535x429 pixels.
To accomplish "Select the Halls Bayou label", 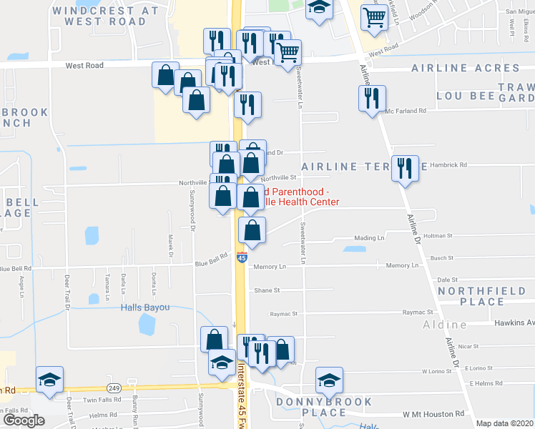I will [144, 307].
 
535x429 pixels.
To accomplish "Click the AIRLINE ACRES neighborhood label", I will [466, 69].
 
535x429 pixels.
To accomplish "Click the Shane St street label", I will [267, 291].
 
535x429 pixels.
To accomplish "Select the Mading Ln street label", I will [370, 238].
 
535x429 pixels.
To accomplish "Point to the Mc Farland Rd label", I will [406, 111].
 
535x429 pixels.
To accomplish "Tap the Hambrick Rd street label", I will [448, 164].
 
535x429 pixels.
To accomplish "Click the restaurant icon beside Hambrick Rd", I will [406, 169].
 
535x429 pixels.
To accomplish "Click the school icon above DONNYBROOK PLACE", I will [329, 380].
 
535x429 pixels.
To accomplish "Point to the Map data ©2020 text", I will [504, 423].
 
